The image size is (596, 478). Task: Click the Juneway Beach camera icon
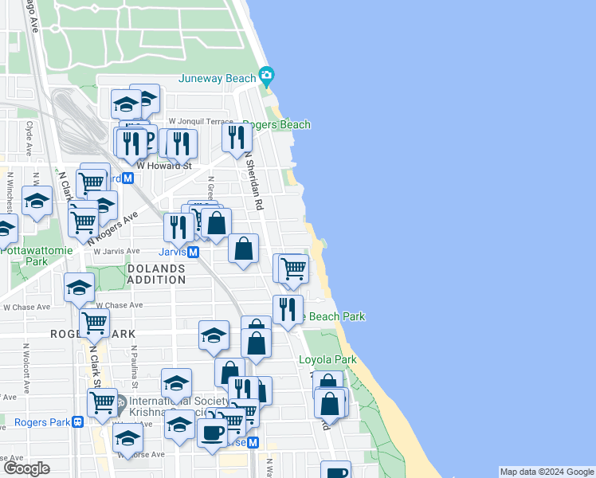[266, 77]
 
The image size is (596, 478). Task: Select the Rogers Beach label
[276, 125]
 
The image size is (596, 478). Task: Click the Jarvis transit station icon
[194, 252]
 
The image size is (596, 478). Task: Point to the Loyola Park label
[327, 360]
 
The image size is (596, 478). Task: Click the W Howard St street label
[165, 166]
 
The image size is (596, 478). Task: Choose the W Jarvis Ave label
[117, 251]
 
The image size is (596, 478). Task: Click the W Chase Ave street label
[119, 305]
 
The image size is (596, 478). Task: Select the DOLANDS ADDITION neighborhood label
[156, 274]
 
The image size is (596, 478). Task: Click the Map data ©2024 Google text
[547, 472]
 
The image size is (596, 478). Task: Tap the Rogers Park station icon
[77, 422]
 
